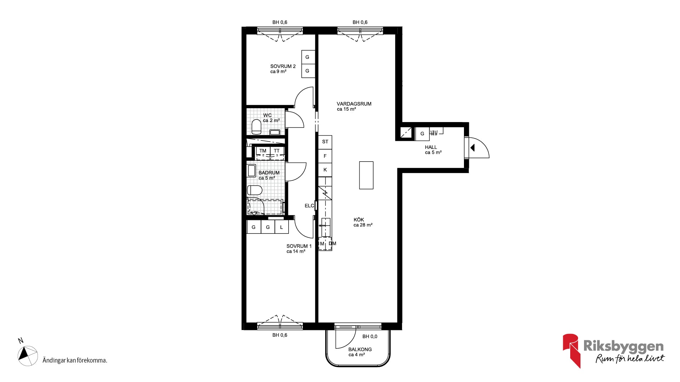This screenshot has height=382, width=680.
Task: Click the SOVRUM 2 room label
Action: coord(283,66)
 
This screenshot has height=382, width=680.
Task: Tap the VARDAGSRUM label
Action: coord(354,104)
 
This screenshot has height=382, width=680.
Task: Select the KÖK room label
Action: coord(359,220)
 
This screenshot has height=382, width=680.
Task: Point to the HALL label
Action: coord(431,147)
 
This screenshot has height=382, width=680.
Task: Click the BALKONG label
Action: coord(360,349)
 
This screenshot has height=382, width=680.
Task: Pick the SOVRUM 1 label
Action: coord(299,246)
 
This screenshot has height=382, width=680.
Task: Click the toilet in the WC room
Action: coord(256,127)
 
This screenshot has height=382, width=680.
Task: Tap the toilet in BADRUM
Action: coord(255,190)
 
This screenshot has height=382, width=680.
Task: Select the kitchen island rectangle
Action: coord(366,175)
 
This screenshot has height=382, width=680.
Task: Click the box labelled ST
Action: coord(325,142)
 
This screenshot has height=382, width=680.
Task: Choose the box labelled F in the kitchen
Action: coord(325,156)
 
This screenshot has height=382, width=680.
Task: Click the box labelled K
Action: coord(325,170)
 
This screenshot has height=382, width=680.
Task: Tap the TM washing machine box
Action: coord(263,151)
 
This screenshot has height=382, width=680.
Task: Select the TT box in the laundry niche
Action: coord(277,151)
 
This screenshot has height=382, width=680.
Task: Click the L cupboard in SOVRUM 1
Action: coord(282,227)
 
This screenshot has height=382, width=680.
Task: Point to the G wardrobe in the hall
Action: coord(422,134)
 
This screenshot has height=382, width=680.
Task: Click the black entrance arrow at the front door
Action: coord(472,148)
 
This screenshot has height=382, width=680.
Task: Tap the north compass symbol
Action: coord(28,356)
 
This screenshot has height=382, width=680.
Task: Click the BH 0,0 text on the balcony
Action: coord(370,337)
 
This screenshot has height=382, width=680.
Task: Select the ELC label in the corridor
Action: coord(309,206)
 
